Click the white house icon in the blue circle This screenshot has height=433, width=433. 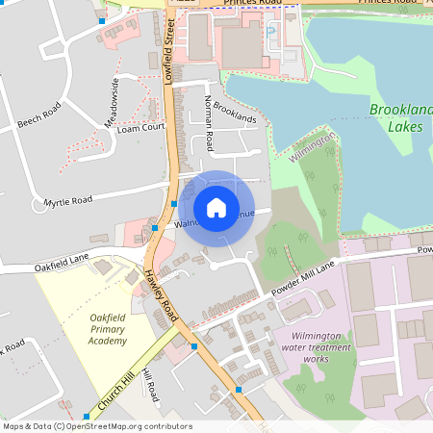pyautogui.click(x=216, y=208)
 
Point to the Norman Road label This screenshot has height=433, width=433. pyautogui.click(x=209, y=116)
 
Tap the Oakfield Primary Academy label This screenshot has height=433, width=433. pyautogui.click(x=107, y=328)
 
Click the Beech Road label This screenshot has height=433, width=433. pyautogui.click(x=39, y=115)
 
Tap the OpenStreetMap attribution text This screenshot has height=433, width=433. pyautogui.click(x=96, y=426)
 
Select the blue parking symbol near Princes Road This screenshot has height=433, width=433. pyautogui.click(x=269, y=31)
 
